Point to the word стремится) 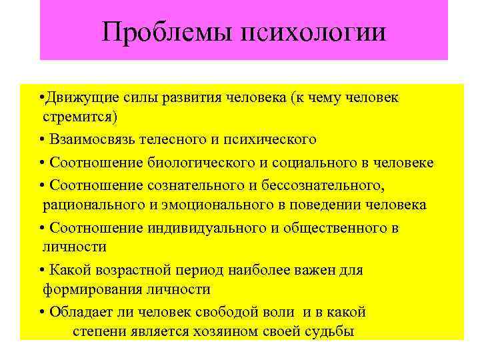point(80,117)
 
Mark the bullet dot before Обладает point(42,312)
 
